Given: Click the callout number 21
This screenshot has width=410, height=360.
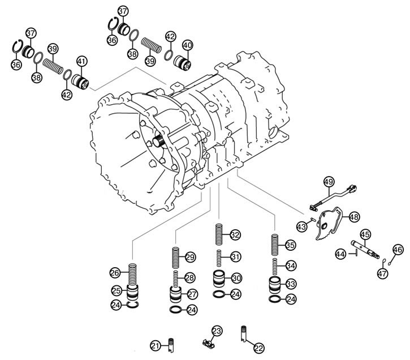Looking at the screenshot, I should [156, 345].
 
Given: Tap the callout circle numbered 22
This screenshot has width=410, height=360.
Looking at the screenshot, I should [258, 348].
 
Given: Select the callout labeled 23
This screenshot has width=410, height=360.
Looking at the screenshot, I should [217, 331].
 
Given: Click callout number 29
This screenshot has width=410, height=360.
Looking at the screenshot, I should [190, 257].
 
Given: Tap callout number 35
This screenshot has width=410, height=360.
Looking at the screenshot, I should [290, 245].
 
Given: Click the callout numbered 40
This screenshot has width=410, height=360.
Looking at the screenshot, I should [187, 45].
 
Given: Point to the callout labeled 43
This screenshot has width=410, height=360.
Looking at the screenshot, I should [302, 226].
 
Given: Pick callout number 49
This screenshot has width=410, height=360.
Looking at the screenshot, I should [329, 182].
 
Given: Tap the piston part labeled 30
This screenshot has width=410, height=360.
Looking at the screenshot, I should [218, 280].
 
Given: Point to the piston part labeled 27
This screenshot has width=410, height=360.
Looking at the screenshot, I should [176, 295].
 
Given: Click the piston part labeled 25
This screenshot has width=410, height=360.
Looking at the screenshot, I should [132, 292].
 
